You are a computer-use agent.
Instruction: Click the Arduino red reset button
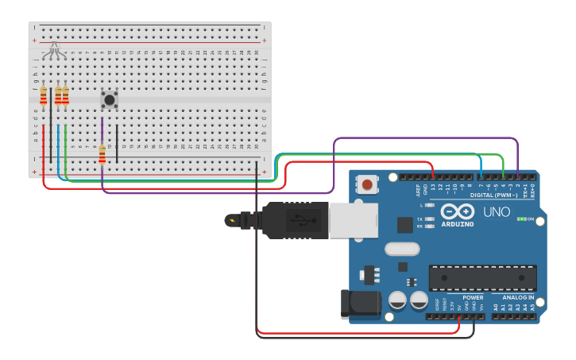pos(367,185)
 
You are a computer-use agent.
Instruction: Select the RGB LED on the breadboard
pos(53,50)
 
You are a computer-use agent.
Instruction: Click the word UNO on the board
pos(497,212)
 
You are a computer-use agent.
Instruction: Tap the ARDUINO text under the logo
pos(457,224)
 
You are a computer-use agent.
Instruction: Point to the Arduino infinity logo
pos(457,211)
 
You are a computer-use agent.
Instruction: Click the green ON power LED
pos(522,219)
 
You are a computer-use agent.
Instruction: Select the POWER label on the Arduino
pos(473,298)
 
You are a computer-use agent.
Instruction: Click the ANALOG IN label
pos(518,298)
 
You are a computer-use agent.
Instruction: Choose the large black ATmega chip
pos(482,277)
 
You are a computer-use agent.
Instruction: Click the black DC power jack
pos(358,305)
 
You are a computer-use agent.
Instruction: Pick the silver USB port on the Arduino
pos(354,220)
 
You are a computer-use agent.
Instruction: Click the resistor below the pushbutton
pos(102,153)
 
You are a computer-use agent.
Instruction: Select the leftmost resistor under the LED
pos(44,96)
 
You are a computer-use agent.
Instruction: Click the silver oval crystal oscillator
pos(402,249)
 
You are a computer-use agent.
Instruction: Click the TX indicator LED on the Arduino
pos(430,219)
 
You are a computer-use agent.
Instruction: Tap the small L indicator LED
pos(430,205)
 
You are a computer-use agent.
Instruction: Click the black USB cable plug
pos(286,220)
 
